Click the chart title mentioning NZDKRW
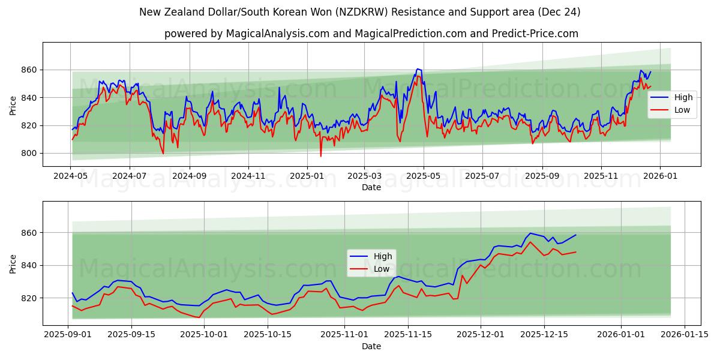tap(359, 12)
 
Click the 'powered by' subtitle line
tap(371, 34)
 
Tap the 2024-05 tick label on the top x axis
tap(71, 176)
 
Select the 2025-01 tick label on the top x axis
tap(307, 176)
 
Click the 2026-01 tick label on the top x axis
tap(660, 176)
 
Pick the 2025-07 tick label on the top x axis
tap(483, 176)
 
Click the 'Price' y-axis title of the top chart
tap(13, 104)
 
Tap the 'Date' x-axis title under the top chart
tap(371, 187)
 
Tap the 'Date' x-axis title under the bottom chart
tap(371, 346)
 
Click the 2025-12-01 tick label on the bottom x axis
tap(481, 335)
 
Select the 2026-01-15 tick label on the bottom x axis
tap(684, 335)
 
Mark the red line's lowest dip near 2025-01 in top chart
tap(320, 156)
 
